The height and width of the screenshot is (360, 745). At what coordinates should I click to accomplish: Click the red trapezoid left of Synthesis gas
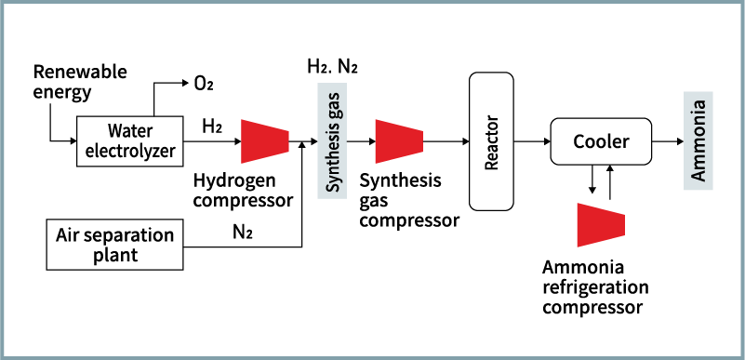(x=265, y=141)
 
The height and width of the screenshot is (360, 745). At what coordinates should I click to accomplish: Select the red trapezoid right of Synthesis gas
(x=399, y=141)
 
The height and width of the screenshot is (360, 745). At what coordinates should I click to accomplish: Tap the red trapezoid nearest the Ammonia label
(x=601, y=225)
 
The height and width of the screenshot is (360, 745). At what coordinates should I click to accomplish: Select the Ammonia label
(x=698, y=140)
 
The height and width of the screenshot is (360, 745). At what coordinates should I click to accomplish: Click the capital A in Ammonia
(x=698, y=174)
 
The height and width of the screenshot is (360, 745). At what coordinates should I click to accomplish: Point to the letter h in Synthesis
(x=332, y=157)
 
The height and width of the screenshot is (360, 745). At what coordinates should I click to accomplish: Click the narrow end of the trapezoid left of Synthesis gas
(x=287, y=141)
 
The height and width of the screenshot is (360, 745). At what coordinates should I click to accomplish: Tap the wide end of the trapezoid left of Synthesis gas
(x=243, y=141)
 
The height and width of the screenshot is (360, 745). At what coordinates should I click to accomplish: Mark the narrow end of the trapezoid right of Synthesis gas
(x=421, y=141)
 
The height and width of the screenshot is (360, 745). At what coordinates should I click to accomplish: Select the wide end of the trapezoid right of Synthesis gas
(x=377, y=141)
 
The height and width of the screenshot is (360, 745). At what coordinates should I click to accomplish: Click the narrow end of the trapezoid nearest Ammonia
(x=623, y=225)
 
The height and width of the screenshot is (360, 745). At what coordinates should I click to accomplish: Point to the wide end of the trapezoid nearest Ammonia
(x=579, y=225)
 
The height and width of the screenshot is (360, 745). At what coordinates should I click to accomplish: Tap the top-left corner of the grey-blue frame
(x=3, y=3)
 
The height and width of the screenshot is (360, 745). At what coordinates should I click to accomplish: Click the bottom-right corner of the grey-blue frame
(x=741, y=356)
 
